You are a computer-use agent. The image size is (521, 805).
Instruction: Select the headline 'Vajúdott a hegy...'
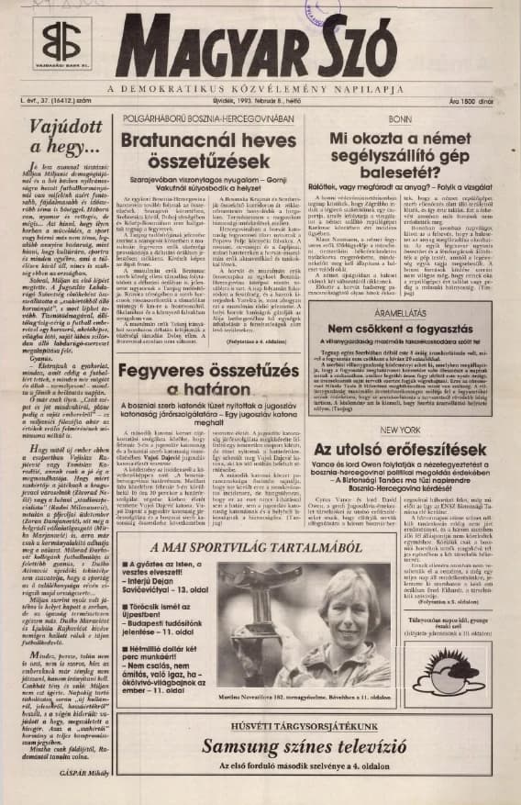[x=64, y=135]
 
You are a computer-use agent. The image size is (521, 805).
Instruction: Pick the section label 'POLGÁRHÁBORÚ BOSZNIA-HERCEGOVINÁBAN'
[x=208, y=120]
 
